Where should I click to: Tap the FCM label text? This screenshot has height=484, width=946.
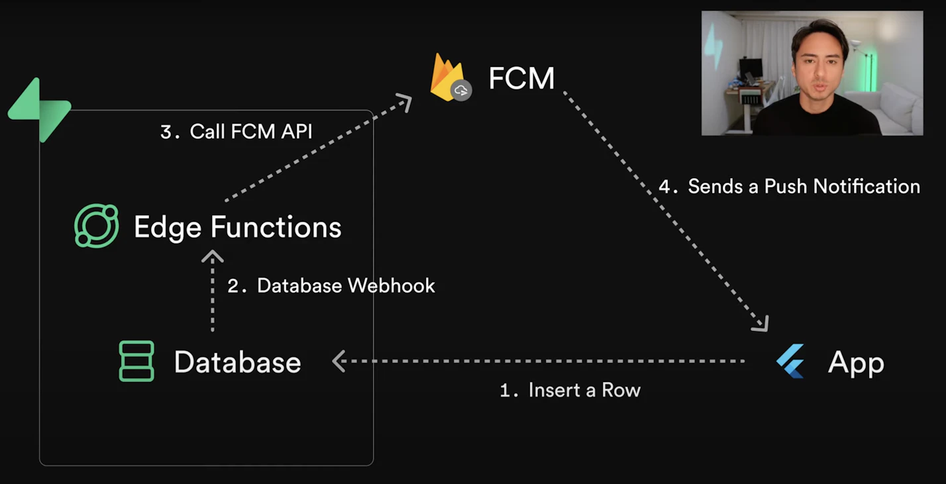pos(521,78)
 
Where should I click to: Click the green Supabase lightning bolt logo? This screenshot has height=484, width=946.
pos(40,110)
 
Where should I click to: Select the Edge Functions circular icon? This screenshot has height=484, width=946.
pos(97,226)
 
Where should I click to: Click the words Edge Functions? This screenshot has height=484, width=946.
pos(237,227)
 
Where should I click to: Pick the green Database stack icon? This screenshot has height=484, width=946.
pos(136,362)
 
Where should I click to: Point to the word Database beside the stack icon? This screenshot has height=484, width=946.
pos(237,362)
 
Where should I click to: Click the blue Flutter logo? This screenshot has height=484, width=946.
pos(791,362)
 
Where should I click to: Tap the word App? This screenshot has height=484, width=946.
pos(856,363)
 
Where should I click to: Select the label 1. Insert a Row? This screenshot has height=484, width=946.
pos(570,390)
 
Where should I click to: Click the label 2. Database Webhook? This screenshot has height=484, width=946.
pos(331,285)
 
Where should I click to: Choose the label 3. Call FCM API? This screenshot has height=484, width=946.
pos(236,131)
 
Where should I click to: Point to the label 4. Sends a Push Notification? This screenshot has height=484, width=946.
pos(789,186)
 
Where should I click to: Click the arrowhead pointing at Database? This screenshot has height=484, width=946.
pos(339,361)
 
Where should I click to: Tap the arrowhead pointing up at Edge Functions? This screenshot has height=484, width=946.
pos(213,256)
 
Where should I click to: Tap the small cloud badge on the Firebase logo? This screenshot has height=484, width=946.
pos(461,90)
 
